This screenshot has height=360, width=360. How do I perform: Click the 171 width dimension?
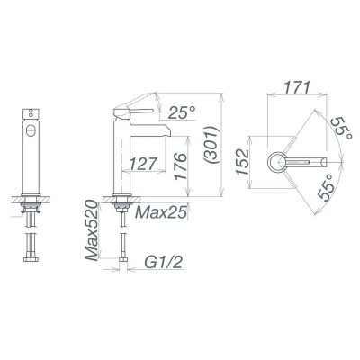(297, 87)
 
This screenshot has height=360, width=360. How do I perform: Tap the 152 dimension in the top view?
(242, 162)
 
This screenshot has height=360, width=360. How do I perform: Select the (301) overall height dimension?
(212, 145)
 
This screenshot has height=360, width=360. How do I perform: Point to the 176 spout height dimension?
(180, 166)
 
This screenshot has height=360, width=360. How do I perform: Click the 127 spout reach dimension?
(143, 164)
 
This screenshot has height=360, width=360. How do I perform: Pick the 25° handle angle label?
(182, 112)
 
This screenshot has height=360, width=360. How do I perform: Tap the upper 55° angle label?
(339, 129)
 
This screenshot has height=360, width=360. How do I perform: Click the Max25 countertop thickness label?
(161, 212)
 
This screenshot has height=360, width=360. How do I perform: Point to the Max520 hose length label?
(91, 230)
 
